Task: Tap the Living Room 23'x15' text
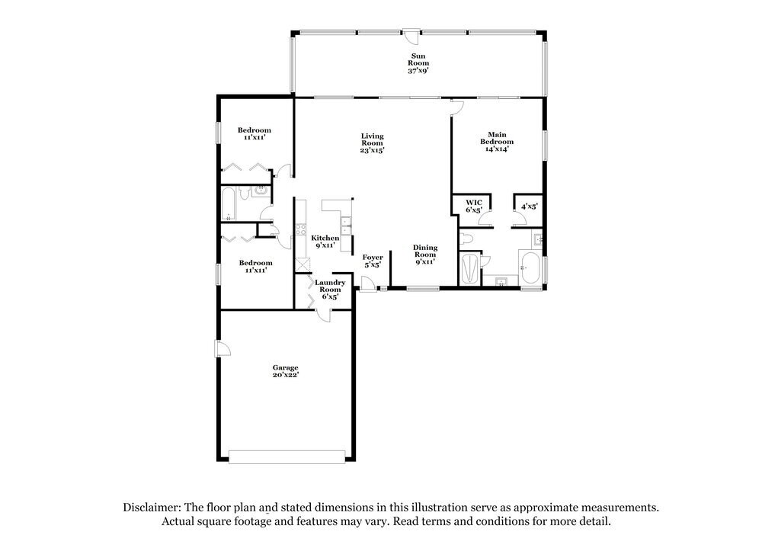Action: tap(372, 143)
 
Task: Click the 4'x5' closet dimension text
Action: tap(529, 206)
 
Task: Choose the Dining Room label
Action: tap(425, 254)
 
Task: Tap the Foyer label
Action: tap(373, 261)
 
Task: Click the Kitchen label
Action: tap(325, 242)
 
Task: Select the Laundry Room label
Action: tap(331, 289)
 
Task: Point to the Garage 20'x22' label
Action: tap(286, 371)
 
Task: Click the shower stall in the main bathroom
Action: tap(472, 269)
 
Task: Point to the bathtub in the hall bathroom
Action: tap(228, 203)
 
